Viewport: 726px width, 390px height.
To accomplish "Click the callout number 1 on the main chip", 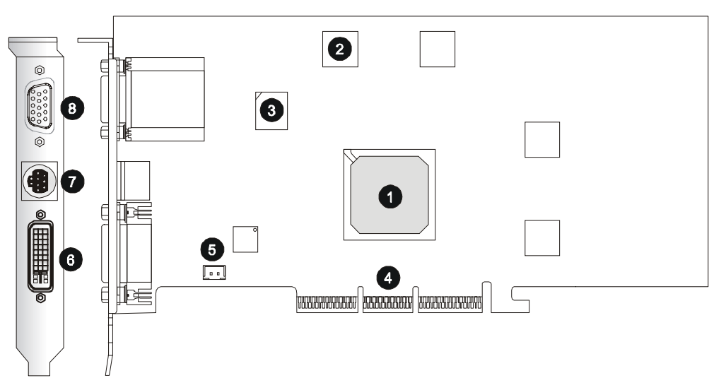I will [x=387, y=196].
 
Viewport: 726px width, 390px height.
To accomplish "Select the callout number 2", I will [x=340, y=49].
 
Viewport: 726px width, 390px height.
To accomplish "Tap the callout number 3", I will [x=271, y=110].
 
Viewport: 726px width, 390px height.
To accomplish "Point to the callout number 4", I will [x=387, y=276].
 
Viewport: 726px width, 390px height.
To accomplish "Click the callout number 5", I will [x=212, y=249].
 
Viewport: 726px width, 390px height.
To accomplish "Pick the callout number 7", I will [x=71, y=182].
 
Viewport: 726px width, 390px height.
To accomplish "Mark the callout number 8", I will [x=71, y=107].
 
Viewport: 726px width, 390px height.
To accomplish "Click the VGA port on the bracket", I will [x=41, y=106].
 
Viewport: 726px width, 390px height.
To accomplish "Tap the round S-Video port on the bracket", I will [x=37, y=182].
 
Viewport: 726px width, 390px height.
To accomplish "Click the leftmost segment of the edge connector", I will [x=325, y=305].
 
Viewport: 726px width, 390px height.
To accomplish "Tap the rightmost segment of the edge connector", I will [x=448, y=305].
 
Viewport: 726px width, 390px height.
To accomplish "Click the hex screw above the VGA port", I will [x=40, y=70].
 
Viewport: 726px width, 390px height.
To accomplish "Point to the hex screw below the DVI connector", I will [x=41, y=297].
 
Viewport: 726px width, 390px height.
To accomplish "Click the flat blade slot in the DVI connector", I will [x=40, y=273].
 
